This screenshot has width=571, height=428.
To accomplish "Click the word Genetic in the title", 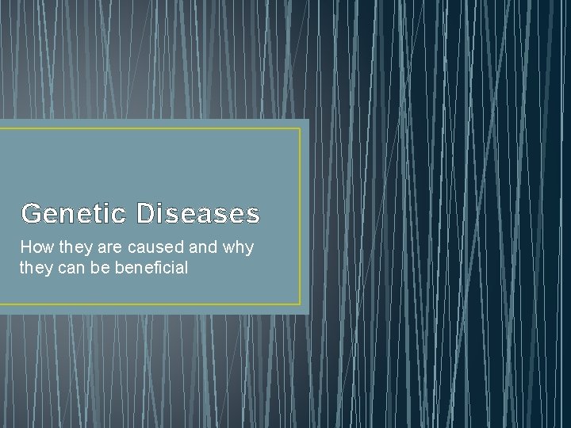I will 73,214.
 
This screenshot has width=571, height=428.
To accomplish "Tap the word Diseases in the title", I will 197,214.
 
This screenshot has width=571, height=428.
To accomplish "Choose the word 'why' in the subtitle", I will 238,247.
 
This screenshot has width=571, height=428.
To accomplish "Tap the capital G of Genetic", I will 31,214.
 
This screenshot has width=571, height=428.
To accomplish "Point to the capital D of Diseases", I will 146,214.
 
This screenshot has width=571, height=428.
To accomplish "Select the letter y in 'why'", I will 248,249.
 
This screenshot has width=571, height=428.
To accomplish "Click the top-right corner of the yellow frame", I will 301,128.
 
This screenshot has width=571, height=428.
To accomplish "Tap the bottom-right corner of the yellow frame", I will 301,304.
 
